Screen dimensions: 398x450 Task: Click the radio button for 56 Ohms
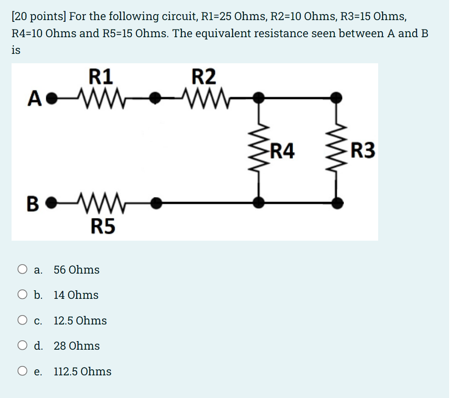[22, 269]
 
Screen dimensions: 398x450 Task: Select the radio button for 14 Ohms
[22, 295]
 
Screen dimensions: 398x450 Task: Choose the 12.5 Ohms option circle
[22, 320]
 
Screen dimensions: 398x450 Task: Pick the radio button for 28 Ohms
[22, 345]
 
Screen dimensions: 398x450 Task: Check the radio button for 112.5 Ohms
[22, 371]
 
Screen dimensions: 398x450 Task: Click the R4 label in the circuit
[282, 151]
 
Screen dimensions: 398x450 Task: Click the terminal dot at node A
[51, 100]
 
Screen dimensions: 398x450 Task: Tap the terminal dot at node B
[51, 201]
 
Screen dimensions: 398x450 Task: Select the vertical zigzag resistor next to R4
[258, 150]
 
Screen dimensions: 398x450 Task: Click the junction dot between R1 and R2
[157, 100]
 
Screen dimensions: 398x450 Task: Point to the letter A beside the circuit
[35, 100]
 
